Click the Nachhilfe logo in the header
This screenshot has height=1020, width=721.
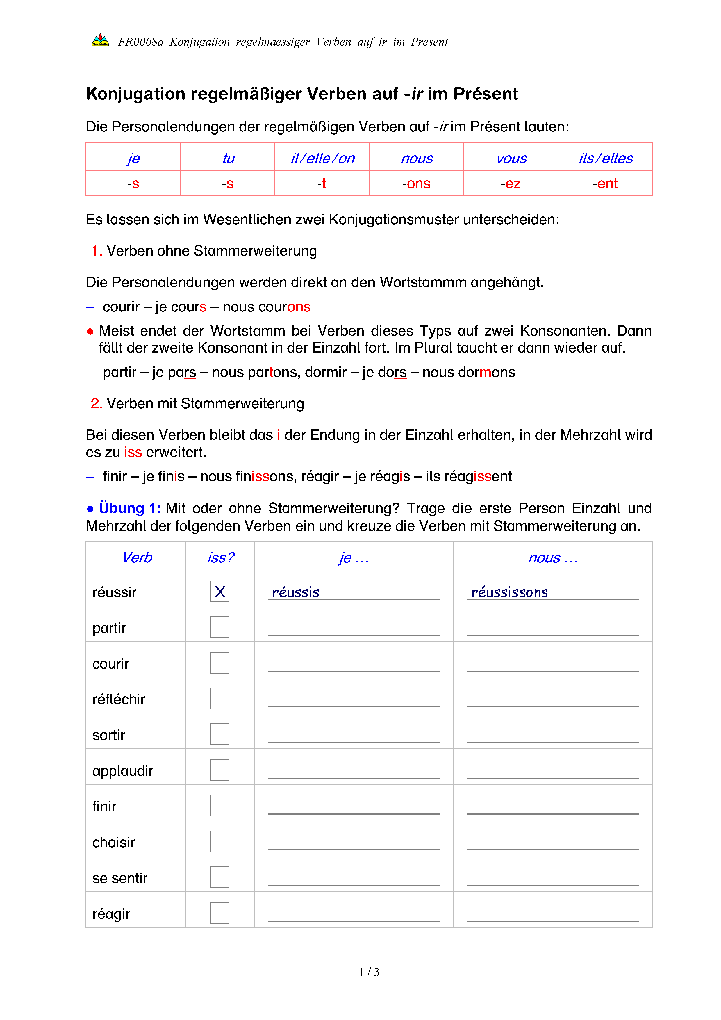(x=100, y=40)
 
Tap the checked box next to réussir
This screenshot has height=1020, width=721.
(x=220, y=591)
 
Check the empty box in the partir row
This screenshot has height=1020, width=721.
(x=220, y=627)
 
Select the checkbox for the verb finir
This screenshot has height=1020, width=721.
(x=220, y=805)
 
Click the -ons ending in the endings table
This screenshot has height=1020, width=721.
(x=416, y=184)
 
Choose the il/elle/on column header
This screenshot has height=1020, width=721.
(x=322, y=158)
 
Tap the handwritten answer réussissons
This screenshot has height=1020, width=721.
(x=509, y=592)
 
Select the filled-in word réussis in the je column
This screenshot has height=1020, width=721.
(x=296, y=592)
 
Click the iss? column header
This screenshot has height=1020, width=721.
(x=220, y=558)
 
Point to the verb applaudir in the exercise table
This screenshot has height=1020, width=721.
(x=122, y=771)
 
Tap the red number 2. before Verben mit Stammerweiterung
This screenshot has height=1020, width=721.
(x=96, y=403)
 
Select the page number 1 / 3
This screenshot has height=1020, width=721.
(x=369, y=972)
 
